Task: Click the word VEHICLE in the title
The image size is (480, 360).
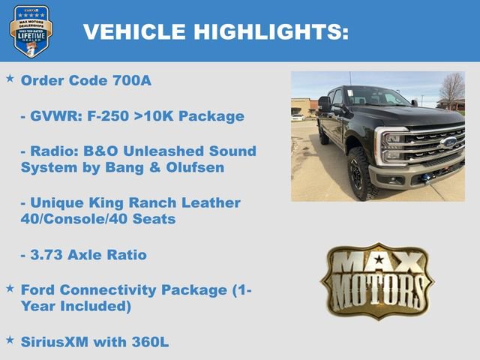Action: point(134,31)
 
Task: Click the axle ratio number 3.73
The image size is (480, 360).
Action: point(46,255)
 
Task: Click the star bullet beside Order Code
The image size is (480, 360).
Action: point(10,78)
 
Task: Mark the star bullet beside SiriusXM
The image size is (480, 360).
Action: point(10,340)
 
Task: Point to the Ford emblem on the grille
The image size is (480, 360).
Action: point(448,142)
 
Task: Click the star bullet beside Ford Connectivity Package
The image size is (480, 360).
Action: point(10,287)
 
